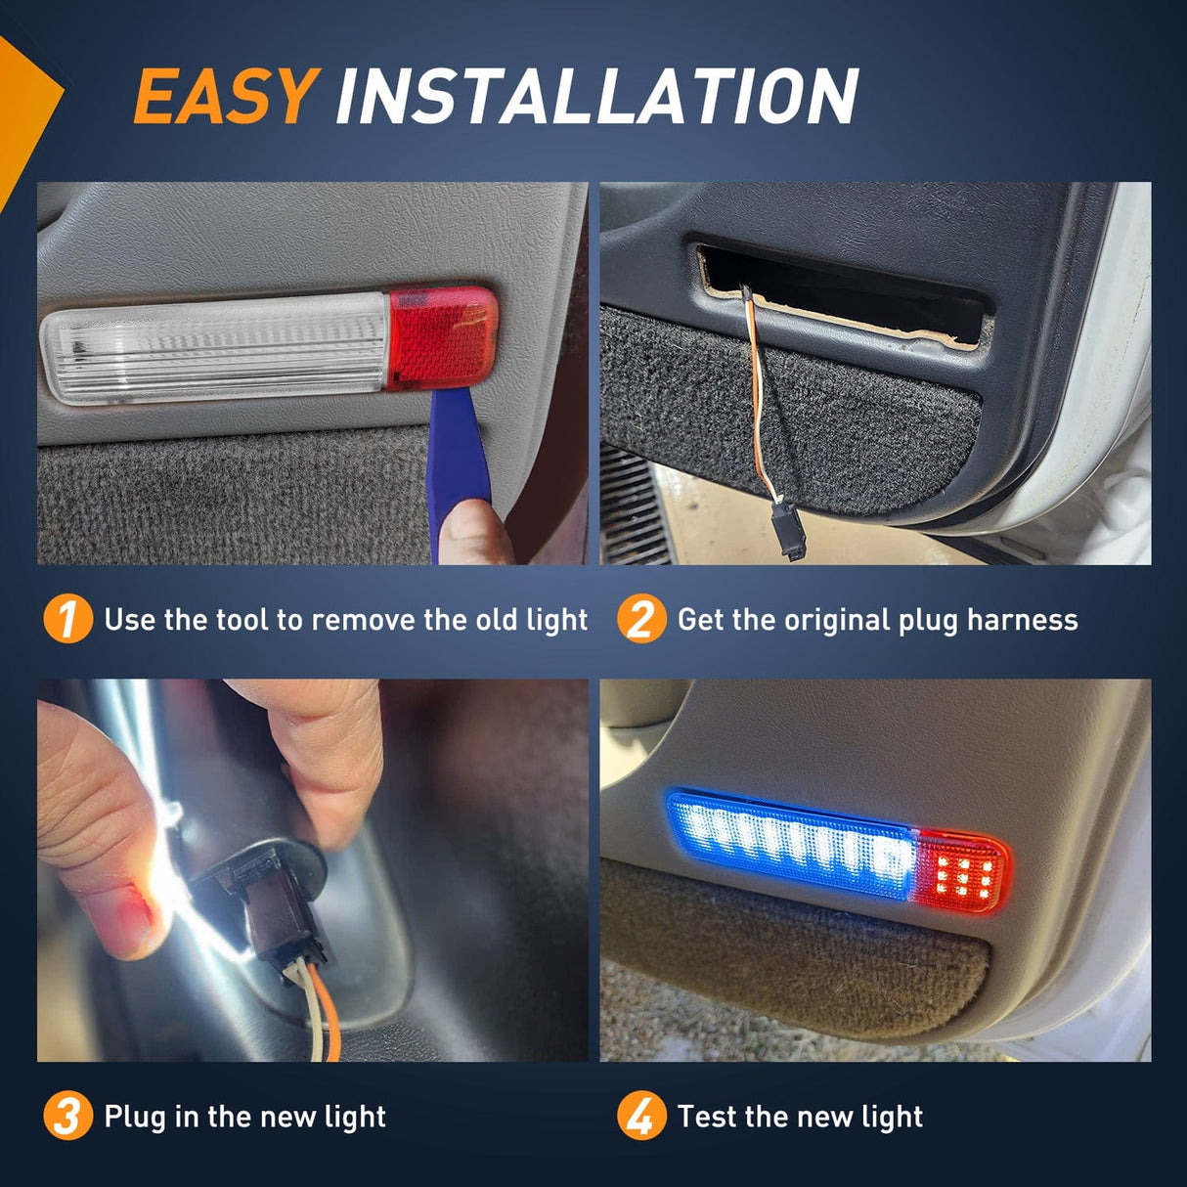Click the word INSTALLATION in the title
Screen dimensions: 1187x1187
596,97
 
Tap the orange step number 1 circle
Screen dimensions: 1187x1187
67,620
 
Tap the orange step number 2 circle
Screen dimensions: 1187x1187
640,620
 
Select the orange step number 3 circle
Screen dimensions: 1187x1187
67,1117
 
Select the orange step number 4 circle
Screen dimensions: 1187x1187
640,1117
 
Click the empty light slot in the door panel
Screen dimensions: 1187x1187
841,293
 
